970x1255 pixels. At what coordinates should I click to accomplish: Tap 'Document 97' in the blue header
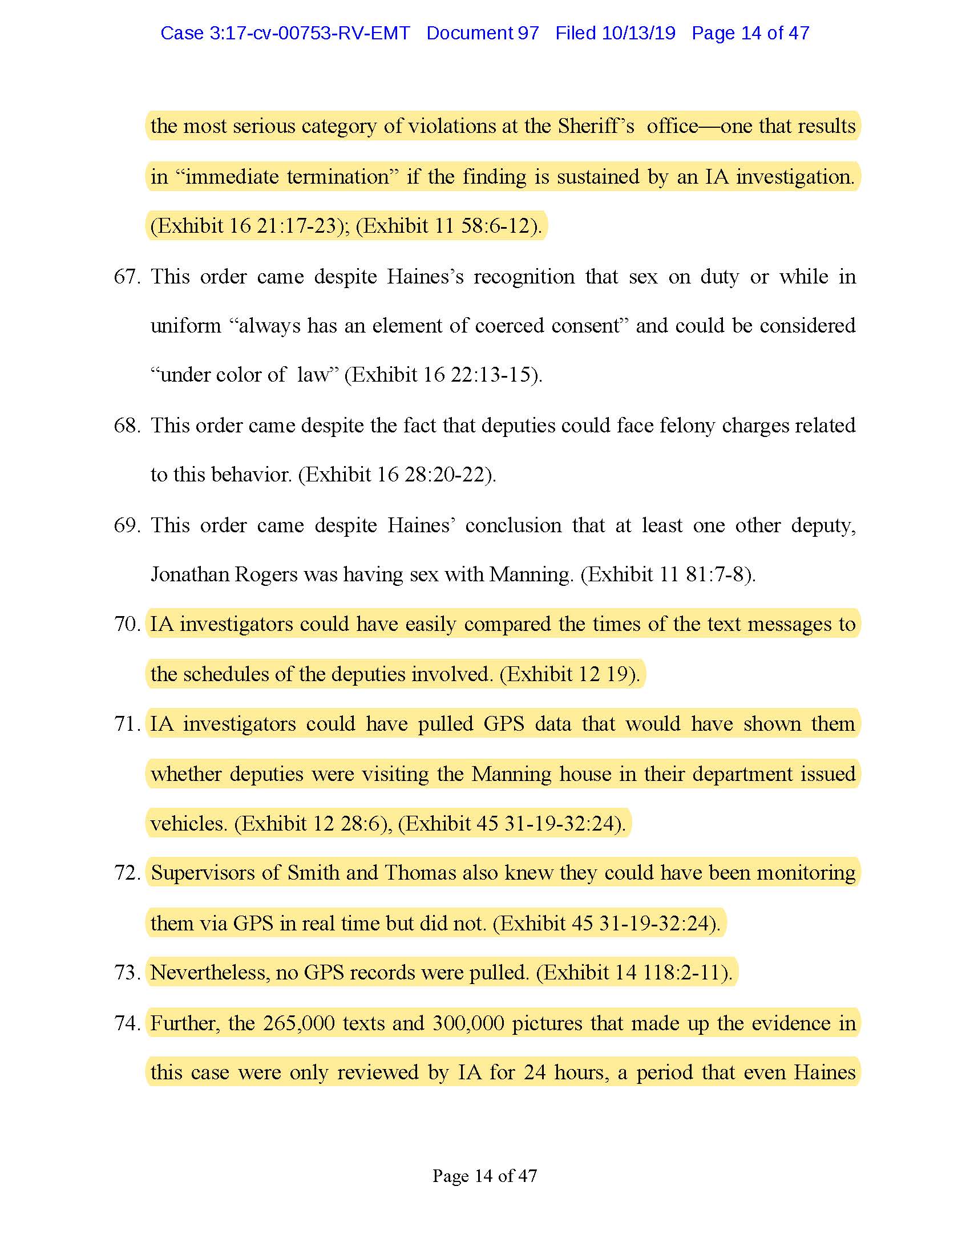tap(482, 33)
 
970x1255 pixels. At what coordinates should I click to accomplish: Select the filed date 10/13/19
tap(638, 33)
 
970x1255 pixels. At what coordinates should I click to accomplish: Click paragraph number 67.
tap(127, 277)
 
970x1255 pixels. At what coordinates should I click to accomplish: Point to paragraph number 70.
tap(127, 624)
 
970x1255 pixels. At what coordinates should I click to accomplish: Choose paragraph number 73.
tap(127, 971)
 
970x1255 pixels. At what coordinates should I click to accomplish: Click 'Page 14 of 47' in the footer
tap(484, 1176)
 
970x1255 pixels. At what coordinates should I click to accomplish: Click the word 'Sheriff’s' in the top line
tap(596, 126)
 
